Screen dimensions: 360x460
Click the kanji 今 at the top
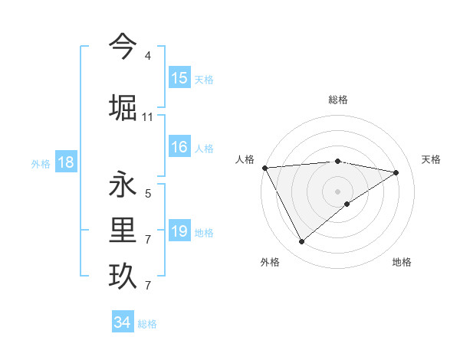[x=123, y=47]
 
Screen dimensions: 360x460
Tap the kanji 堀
[x=123, y=106]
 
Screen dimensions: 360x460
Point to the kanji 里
[x=123, y=230]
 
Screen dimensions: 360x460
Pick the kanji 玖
[x=123, y=276]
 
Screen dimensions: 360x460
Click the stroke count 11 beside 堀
[x=147, y=116]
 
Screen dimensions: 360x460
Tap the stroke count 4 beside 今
[x=147, y=56]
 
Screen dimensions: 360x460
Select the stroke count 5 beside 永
[x=147, y=194]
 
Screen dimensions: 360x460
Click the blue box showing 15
[x=179, y=78]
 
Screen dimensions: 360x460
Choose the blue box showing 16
[x=179, y=148]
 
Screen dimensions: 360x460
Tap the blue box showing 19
[x=179, y=231]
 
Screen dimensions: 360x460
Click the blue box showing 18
[x=64, y=162]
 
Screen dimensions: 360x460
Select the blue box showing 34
[x=122, y=322]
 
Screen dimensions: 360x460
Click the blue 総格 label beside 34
[x=147, y=324]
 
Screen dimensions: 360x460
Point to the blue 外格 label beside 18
[x=41, y=164]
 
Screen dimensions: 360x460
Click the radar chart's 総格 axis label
[x=337, y=100]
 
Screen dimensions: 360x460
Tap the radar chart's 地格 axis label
[x=402, y=262]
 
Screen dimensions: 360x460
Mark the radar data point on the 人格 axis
[x=264, y=168]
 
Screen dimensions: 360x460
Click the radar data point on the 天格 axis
[x=396, y=172]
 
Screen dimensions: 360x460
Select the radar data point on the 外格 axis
[x=301, y=242]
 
